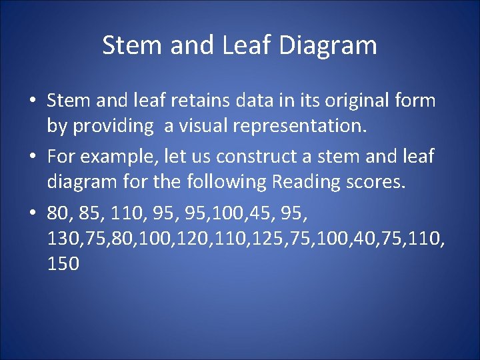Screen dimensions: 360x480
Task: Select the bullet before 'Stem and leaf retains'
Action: [32, 102]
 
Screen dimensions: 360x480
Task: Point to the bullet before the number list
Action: [32, 214]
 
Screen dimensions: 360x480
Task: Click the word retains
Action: [203, 101]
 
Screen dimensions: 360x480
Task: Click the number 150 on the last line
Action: [64, 264]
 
